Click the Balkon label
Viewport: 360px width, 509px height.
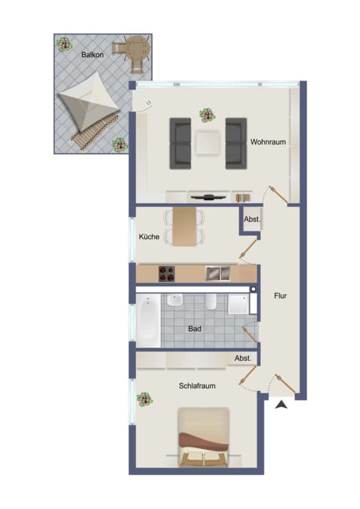(92, 54)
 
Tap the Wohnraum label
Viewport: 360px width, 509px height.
(268, 142)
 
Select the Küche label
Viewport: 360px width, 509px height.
(149, 236)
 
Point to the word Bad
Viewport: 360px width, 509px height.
(195, 329)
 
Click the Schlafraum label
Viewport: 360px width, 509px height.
(197, 386)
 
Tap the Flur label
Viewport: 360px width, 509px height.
(280, 296)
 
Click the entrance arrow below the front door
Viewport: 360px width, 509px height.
(281, 404)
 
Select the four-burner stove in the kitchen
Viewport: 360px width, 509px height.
(166, 274)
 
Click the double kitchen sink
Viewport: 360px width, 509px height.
(218, 273)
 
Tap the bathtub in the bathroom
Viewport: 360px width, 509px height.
(148, 320)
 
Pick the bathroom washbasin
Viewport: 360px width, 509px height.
(175, 300)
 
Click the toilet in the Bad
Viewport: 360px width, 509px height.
(211, 301)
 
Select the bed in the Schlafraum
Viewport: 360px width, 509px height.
(203, 437)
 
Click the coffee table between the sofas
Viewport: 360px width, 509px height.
(208, 142)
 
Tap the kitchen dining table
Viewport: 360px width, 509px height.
(185, 226)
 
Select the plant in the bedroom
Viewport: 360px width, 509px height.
(144, 399)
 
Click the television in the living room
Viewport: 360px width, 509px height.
(208, 197)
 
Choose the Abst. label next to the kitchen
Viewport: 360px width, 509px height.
(252, 219)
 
